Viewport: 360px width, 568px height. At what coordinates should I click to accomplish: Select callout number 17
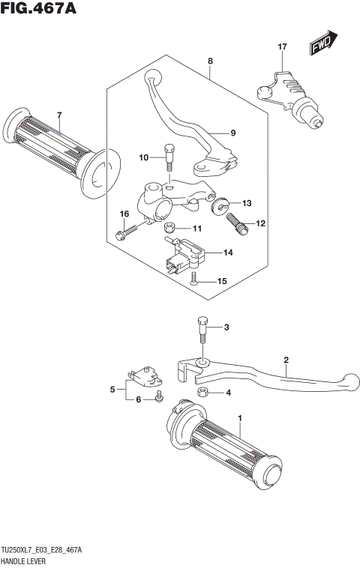pyautogui.click(x=282, y=47)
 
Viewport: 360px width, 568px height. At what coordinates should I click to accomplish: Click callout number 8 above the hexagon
pyautogui.click(x=210, y=61)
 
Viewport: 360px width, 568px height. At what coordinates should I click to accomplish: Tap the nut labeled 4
pyautogui.click(x=202, y=392)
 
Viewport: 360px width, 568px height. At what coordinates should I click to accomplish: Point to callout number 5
pyautogui.click(x=113, y=390)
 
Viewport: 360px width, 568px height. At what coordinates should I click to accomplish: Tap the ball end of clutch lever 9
pyautogui.click(x=152, y=76)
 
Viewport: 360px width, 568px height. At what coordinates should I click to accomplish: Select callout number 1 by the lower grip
pyautogui.click(x=240, y=417)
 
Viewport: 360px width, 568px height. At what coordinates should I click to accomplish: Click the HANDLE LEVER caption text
pyautogui.click(x=25, y=561)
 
